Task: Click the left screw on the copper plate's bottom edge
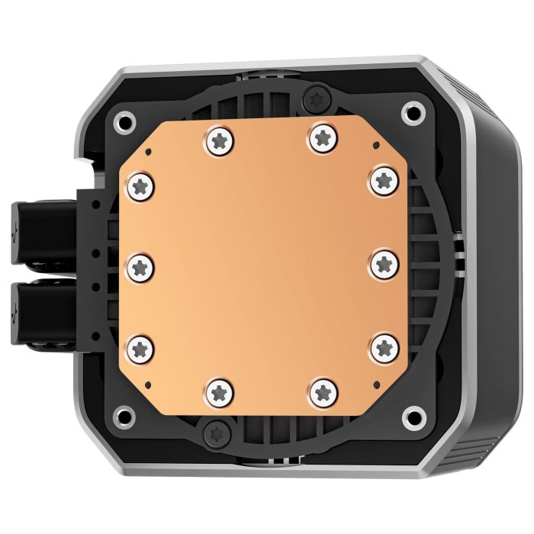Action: [219, 392]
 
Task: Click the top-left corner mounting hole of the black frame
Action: [124, 122]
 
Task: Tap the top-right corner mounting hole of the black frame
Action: [412, 113]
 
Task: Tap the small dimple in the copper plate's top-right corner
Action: [375, 145]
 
